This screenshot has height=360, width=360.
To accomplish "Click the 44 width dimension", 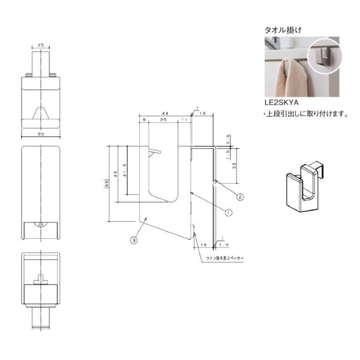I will coord(164,113).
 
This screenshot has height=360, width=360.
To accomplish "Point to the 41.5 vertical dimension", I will coord(124,170).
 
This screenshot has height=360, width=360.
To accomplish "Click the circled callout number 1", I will coord(228,211).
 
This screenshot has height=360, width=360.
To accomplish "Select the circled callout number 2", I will coord(239,196).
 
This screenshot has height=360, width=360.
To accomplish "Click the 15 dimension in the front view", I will coord(41,45).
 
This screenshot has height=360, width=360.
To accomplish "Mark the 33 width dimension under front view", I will coord(41,134).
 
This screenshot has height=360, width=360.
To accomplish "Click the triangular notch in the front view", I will coord(41,113).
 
